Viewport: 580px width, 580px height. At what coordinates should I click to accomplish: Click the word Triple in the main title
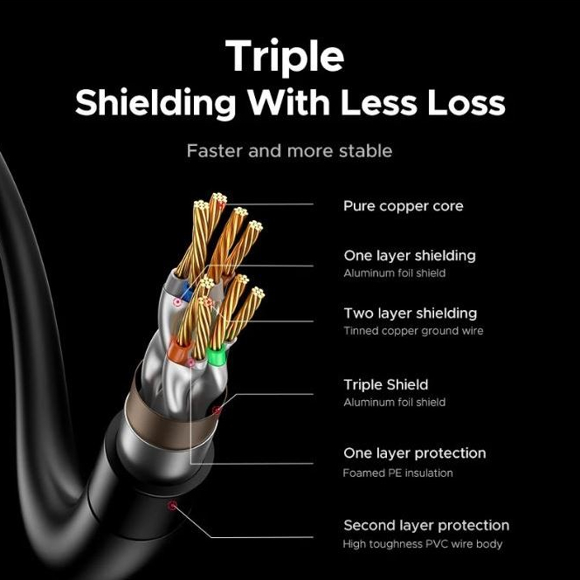285,56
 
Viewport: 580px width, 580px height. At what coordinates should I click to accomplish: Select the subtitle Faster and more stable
289,151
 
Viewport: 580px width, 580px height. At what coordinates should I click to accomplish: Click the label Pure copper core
404,206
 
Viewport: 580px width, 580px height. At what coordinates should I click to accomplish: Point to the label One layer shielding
410,256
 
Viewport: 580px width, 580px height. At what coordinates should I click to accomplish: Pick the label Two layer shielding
411,314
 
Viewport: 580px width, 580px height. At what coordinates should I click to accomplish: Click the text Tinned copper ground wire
413,331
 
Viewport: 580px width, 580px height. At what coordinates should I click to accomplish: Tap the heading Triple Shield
386,384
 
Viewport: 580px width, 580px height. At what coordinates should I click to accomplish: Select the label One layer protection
415,453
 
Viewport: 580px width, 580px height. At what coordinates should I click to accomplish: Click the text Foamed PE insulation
397,473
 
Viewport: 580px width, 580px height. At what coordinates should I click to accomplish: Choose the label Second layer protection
426,525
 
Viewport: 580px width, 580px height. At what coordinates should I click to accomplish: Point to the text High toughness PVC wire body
423,544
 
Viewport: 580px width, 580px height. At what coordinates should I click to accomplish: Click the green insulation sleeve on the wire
217,356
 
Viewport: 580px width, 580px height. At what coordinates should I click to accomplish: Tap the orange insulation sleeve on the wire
179,350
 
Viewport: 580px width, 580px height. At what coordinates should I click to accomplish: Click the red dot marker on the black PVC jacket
172,506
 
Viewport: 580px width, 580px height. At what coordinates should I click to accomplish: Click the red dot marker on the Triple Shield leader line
217,411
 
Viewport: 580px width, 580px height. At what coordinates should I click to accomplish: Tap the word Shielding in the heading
155,104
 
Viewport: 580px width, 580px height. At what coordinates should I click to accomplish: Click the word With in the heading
288,102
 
